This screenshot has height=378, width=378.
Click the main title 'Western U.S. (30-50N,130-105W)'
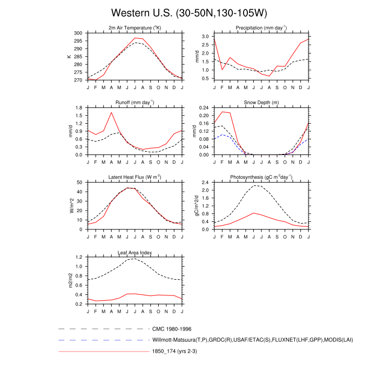[189, 12]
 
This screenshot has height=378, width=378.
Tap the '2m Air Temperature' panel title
[134, 28]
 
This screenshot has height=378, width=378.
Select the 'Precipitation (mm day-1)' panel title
[261, 28]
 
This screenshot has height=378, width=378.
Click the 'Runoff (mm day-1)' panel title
[134, 102]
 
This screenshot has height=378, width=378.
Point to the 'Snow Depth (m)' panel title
[261, 102]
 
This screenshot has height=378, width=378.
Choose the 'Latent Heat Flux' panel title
[134, 177]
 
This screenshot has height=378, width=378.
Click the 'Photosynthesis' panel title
[261, 177]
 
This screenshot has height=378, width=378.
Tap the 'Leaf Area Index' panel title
[134, 252]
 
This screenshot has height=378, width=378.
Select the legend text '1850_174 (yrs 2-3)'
[177, 352]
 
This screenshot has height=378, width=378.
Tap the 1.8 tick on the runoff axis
[79, 107]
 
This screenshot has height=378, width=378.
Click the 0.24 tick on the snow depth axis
[205, 107]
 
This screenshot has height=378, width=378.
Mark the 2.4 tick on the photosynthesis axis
[206, 183]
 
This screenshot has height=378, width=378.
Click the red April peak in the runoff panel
[111, 112]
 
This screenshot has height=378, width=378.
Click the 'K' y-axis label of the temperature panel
[69, 56]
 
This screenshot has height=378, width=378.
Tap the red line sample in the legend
[103, 352]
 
